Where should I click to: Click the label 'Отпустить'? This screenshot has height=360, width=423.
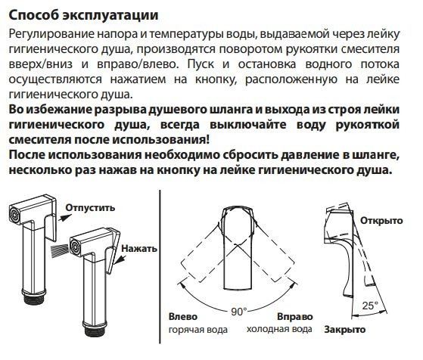[90, 207]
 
